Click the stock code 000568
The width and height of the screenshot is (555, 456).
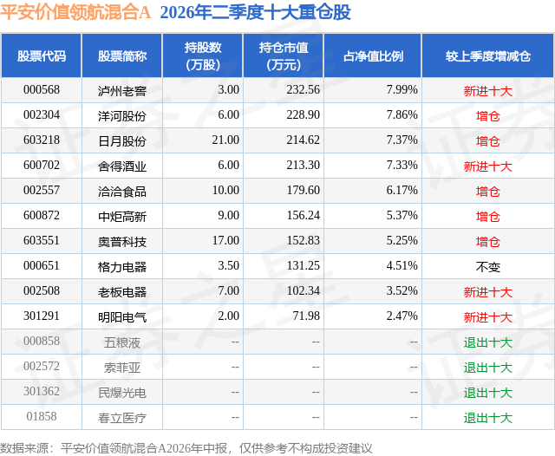coord(42,90)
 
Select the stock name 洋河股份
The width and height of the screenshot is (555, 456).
coord(122,115)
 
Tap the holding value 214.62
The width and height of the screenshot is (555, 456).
coord(303,140)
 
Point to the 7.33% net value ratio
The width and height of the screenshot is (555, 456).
coord(402,166)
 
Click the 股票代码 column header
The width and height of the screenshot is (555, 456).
coord(42,55)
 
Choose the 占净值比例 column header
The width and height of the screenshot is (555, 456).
coord(373,55)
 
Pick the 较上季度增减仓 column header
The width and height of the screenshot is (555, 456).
coord(488,55)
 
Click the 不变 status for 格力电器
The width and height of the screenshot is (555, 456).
coord(488,267)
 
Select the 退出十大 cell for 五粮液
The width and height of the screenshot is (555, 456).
coord(488,342)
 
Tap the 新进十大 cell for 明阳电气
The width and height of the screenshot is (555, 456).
coord(488,317)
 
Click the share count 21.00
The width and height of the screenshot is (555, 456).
coord(225,140)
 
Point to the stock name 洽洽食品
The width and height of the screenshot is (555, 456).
coord(122,192)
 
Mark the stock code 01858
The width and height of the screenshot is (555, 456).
coord(42,416)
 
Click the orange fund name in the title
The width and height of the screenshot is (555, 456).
coord(75,12)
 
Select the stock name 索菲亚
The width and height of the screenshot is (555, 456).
coord(122,368)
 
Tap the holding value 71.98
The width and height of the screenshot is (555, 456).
coord(306,316)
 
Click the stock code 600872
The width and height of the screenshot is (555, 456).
coord(42,216)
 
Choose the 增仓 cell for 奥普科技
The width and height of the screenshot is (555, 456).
coord(488,242)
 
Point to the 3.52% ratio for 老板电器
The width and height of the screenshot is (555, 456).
coord(402,290)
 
